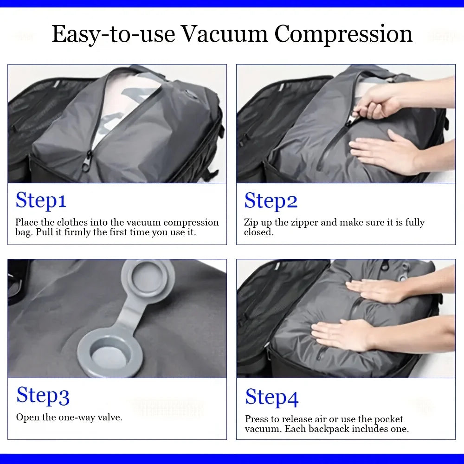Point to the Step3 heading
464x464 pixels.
43,396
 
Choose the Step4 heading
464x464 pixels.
271,398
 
